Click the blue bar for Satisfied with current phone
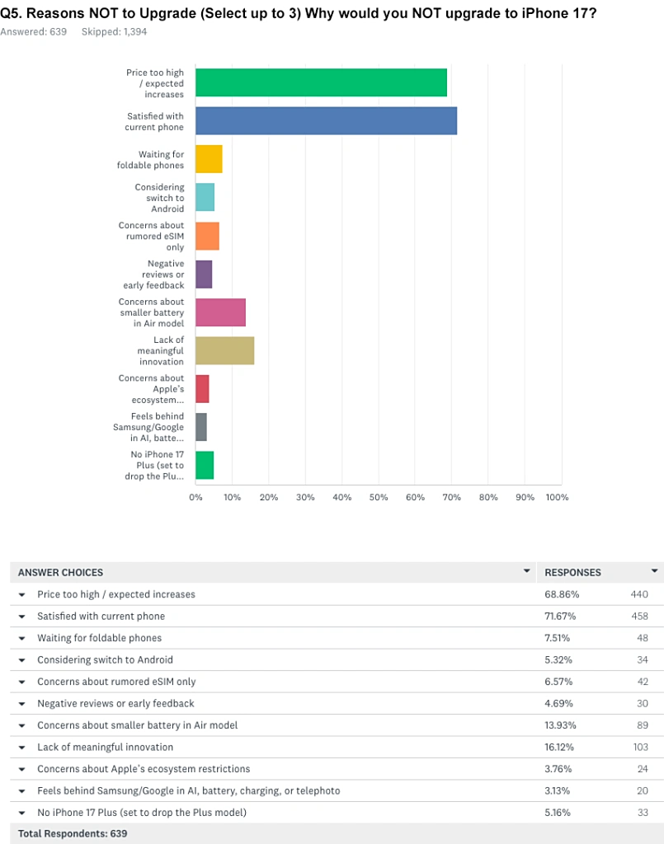[326, 121]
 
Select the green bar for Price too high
[321, 83]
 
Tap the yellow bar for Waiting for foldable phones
[209, 159]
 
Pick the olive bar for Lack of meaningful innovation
[224, 350]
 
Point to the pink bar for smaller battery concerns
[220, 312]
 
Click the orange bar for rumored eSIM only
[207, 236]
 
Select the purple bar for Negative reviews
[204, 274]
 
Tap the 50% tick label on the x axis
[379, 497]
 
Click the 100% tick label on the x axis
[558, 497]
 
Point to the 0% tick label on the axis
[196, 497]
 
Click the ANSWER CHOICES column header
[61, 572]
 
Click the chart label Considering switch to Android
[159, 198]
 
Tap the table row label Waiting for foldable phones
[99, 638]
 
